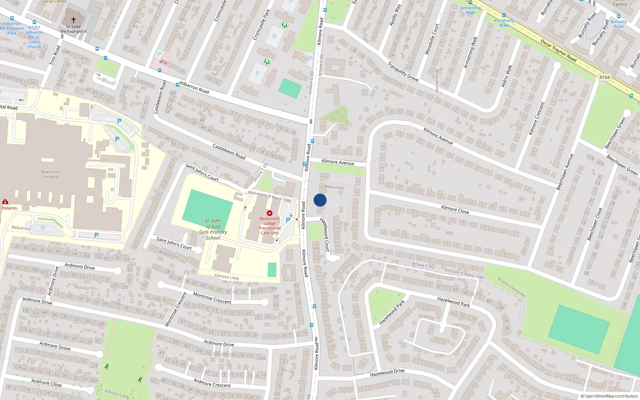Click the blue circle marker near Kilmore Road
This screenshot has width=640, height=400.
(320, 200)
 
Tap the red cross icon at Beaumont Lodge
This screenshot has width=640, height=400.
(270, 213)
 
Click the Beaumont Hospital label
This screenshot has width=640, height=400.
(51, 174)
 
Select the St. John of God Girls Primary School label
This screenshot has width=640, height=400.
(213, 229)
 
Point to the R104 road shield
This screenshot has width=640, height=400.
(604, 77)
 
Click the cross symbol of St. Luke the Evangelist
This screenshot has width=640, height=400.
(74, 20)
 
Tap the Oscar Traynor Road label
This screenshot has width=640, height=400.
(558, 51)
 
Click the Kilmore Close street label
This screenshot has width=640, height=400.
(455, 209)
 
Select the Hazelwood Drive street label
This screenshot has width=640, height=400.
(387, 372)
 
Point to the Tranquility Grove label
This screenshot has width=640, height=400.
(403, 72)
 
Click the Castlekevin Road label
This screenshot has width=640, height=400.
(229, 152)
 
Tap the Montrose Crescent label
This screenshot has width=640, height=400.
(212, 298)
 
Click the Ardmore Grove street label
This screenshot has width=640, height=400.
(55, 346)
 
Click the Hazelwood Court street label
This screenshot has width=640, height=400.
(325, 234)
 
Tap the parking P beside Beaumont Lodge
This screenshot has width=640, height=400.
(288, 220)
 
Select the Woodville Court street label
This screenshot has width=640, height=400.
(432, 39)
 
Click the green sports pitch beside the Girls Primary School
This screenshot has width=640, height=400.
(207, 206)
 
